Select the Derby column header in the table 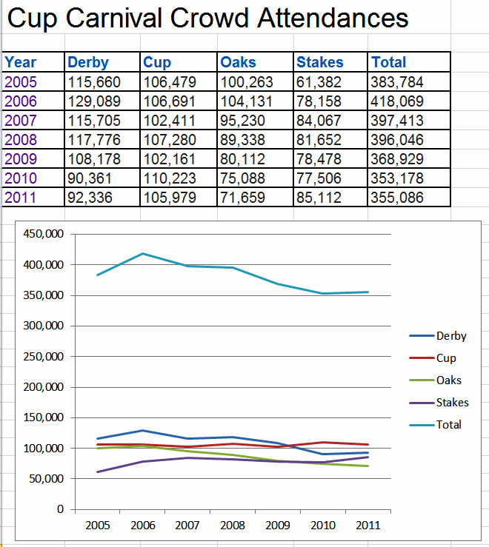[x=88, y=62]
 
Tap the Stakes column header [x=320, y=62]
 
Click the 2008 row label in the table [x=21, y=140]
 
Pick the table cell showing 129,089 [x=94, y=101]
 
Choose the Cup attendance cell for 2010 [x=170, y=178]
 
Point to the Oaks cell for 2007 [x=242, y=121]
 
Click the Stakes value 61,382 [x=319, y=82]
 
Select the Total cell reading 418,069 [x=397, y=101]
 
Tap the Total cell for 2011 [x=397, y=198]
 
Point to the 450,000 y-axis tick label [x=43, y=234]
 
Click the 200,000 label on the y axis [x=43, y=387]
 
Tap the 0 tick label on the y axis [x=61, y=509]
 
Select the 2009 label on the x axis [x=278, y=525]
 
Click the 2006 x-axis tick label [x=142, y=525]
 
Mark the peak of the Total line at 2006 [x=143, y=253]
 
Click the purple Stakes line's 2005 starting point [x=98, y=472]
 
